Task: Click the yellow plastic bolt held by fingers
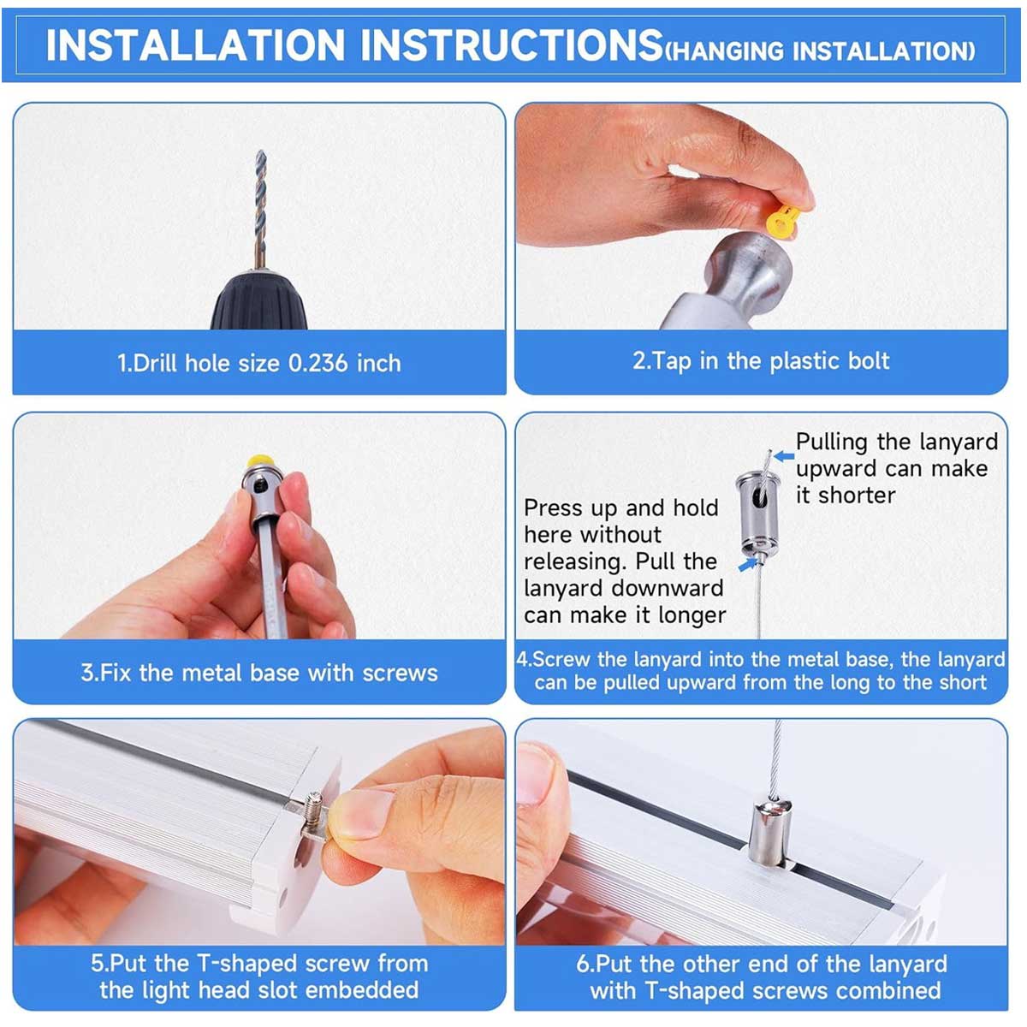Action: click(782, 220)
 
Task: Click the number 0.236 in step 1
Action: click(318, 364)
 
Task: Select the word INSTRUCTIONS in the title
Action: click(511, 45)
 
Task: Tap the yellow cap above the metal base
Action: click(261, 460)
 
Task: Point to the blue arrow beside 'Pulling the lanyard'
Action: click(784, 455)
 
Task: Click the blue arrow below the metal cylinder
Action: click(747, 564)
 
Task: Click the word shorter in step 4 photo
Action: click(857, 496)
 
